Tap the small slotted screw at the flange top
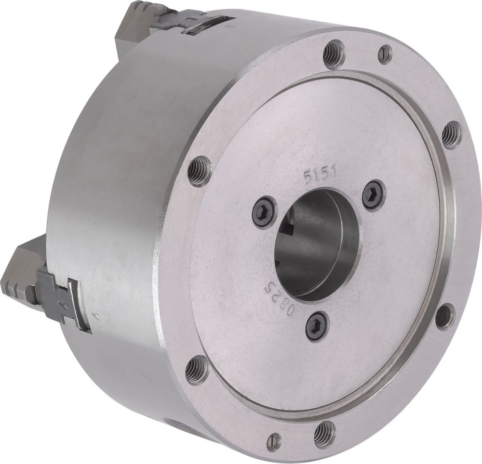click(385, 54)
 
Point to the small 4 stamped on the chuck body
click(97, 316)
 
